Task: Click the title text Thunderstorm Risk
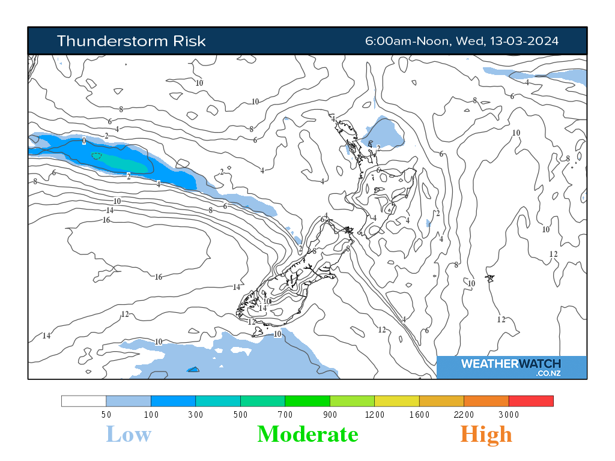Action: coord(131,41)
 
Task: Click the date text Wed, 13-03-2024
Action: coord(507,41)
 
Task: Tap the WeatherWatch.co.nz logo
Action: coord(511,367)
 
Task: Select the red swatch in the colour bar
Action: coord(530,401)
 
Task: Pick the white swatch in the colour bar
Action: coord(83,401)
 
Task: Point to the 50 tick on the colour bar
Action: coord(106,414)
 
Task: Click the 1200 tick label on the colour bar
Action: coord(375,414)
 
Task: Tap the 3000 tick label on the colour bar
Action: coord(509,414)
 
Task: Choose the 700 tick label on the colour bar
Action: coord(285,414)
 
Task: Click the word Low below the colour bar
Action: coord(129,434)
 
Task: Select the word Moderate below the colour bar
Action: coord(307,434)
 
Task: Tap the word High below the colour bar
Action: coord(486,434)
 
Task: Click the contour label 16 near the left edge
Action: coord(106,220)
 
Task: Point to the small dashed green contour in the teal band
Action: coord(97,155)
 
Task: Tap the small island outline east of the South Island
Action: coord(490,279)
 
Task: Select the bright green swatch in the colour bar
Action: coord(307,401)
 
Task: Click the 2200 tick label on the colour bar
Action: coord(464,414)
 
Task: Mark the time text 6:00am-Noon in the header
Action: coord(408,41)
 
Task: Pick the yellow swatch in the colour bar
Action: coord(396,401)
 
